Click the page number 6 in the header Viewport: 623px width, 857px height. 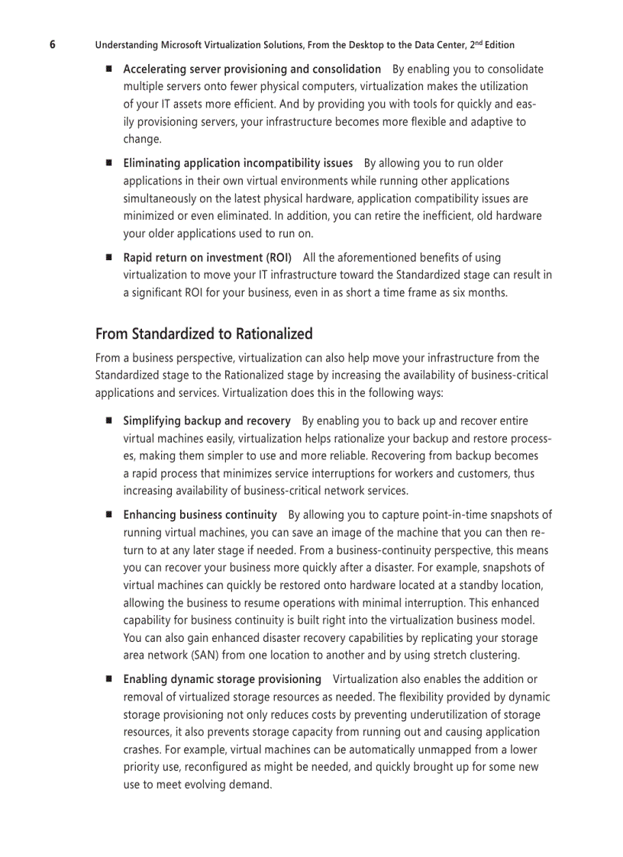click(53, 44)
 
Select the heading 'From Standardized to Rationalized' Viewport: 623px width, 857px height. click(204, 333)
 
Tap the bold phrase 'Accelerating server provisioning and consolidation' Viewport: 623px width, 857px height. click(252, 69)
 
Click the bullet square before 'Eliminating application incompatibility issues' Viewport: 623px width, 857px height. click(108, 163)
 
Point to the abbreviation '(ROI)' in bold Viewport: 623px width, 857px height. click(276, 257)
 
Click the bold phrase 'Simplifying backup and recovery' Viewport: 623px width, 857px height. click(207, 420)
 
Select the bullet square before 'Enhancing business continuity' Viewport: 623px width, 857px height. click(108, 515)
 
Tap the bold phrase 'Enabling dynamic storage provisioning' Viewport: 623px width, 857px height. click(222, 679)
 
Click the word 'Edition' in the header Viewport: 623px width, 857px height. click(496, 45)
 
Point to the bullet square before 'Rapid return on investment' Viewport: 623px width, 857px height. click(108, 257)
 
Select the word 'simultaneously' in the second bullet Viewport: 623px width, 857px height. click(160, 198)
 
